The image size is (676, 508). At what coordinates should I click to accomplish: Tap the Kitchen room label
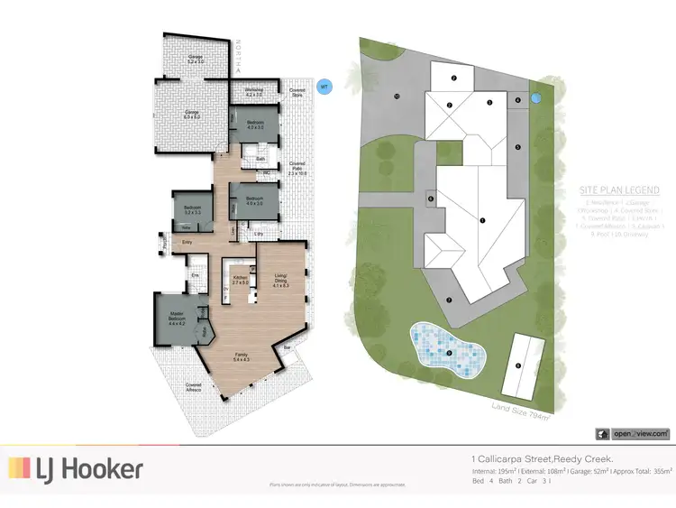click(x=241, y=280)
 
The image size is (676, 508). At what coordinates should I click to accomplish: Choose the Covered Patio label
click(x=297, y=166)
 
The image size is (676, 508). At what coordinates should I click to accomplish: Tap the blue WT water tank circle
click(x=324, y=87)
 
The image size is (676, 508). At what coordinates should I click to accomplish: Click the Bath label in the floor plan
click(x=260, y=159)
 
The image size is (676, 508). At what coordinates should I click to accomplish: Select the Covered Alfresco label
click(x=193, y=386)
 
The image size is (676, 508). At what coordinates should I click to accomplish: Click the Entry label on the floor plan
click(x=187, y=243)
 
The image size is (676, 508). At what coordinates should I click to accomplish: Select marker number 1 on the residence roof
click(x=483, y=219)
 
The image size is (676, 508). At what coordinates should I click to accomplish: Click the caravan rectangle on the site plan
click(x=519, y=365)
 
